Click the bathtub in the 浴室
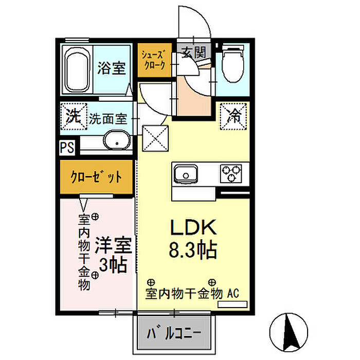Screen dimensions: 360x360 click(x=77, y=69)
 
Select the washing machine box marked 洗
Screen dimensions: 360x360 click(x=74, y=116)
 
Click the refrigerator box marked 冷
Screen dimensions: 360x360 click(x=233, y=116)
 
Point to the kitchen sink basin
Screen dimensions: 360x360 click(x=186, y=174)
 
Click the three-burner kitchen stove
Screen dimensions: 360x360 click(x=231, y=174)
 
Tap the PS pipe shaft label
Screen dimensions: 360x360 click(x=67, y=147)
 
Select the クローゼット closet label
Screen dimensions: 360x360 click(x=96, y=177)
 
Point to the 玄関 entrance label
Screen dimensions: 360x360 click(x=194, y=53)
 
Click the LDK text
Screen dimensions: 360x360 click(x=193, y=227)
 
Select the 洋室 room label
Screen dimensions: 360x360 click(x=114, y=245)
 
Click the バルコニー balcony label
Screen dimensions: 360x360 click(x=174, y=334)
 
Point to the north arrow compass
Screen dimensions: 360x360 click(x=289, y=332)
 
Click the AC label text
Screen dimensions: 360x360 click(x=233, y=293)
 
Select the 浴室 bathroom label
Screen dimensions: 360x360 click(x=112, y=68)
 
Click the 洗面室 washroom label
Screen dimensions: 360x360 click(x=108, y=119)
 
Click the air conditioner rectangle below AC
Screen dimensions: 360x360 click(x=232, y=304)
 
